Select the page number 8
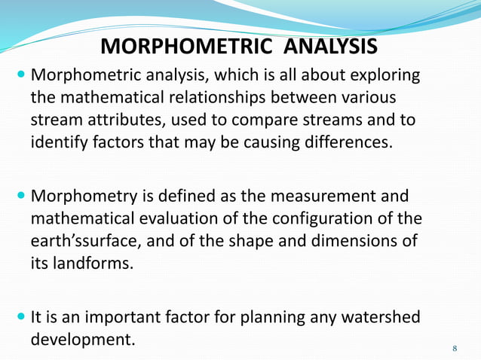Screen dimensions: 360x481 pyautogui.click(x=455, y=348)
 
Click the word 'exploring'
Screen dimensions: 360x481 pyautogui.click(x=384, y=76)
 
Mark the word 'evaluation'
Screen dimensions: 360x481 pyautogui.click(x=188, y=218)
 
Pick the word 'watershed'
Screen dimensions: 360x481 pyautogui.click(x=375, y=317)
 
